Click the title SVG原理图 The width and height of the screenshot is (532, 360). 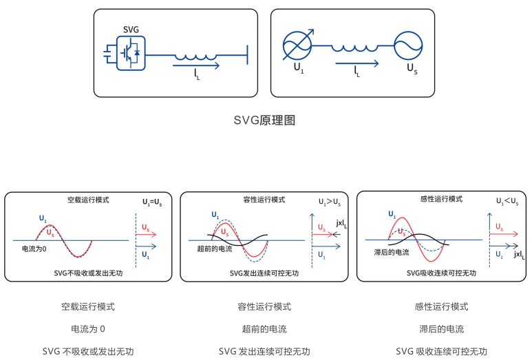(x=266, y=120)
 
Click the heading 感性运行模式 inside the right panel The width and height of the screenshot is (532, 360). (x=440, y=199)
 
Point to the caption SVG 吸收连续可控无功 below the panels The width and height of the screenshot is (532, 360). (x=442, y=351)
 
